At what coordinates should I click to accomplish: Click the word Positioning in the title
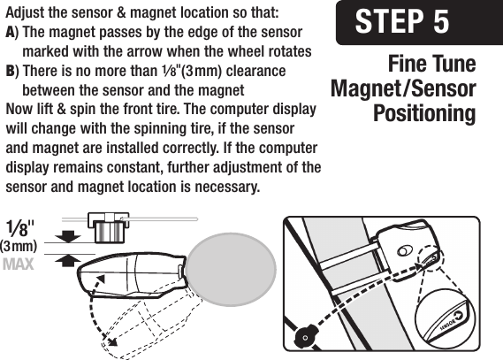[x=424, y=114]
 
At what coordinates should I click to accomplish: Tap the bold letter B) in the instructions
[x=11, y=70]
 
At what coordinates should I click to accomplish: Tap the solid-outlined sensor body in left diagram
[x=133, y=269]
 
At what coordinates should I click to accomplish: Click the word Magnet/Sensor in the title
[x=402, y=89]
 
